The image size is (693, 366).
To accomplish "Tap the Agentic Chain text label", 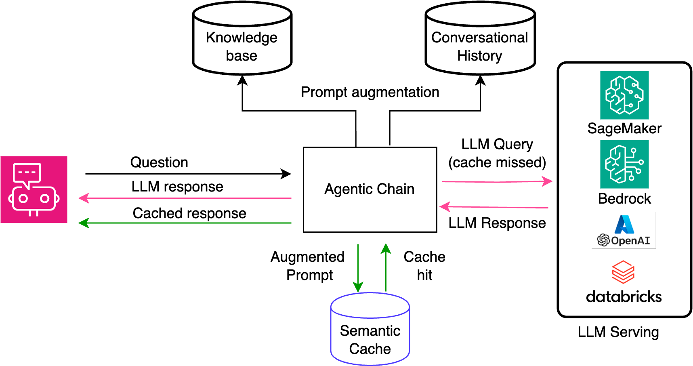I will [370, 189].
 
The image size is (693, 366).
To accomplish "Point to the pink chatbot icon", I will [34, 189].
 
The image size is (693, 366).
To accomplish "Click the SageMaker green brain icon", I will [624, 95].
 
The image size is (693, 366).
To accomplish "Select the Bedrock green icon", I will [624, 164].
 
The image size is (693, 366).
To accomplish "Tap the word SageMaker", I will [624, 128].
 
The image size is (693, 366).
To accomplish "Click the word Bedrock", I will [624, 199].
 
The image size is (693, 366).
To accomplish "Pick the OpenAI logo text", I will [630, 241].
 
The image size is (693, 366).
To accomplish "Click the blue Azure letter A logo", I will [624, 224].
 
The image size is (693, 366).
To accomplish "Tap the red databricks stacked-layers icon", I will [623, 272].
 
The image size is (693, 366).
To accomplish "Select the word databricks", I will [624, 297].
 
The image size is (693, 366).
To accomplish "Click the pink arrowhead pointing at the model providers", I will [548, 181].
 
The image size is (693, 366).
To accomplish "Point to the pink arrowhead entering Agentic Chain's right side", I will [445, 207].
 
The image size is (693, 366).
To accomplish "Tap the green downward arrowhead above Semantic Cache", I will [358, 287].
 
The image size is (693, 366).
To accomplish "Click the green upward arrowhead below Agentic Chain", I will [386, 248].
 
